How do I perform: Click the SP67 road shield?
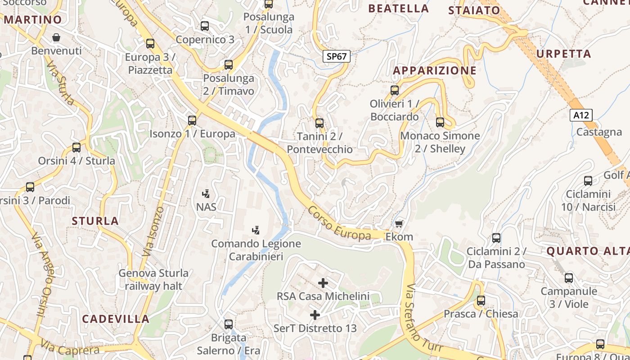point(337,56)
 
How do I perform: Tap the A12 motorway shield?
point(581,115)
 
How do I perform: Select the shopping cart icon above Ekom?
point(399,224)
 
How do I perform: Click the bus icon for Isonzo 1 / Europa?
point(192,120)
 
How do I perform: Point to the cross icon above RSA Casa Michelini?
point(323,283)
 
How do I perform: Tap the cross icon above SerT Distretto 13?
point(315,315)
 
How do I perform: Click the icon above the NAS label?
point(206,194)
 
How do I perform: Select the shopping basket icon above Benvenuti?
point(56,37)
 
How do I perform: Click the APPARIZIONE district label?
point(434,71)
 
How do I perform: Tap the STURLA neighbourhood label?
point(95,221)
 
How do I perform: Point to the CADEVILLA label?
point(116,319)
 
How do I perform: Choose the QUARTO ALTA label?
point(588,251)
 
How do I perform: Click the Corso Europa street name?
point(340,224)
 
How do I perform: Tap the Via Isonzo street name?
point(153,232)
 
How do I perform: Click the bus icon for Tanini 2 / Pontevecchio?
point(319,123)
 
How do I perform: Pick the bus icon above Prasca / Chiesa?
point(481,300)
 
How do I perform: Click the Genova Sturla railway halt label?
point(153,279)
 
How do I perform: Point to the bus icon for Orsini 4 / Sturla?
point(76,147)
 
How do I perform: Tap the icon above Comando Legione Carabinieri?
point(256,230)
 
